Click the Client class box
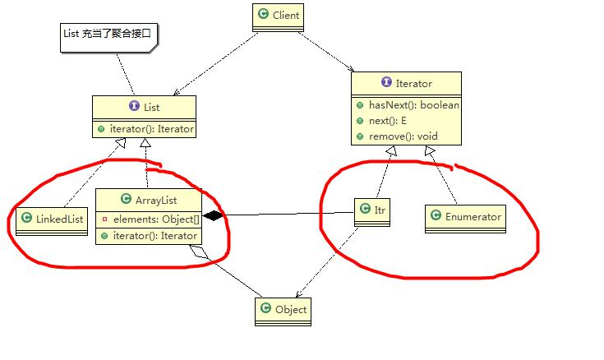[279, 14]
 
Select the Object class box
[283, 309]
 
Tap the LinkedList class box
[51, 218]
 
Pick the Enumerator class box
[464, 217]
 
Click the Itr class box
[372, 211]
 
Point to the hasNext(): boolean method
[408, 105]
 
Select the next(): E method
[386, 120]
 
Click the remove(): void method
[398, 135]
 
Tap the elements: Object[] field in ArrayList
[153, 220]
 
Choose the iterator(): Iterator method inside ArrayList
[153, 236]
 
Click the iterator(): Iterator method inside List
[149, 129]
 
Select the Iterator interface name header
[407, 83]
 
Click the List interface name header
[144, 107]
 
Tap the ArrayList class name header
[148, 200]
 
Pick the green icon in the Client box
[263, 14]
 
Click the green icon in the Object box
[265, 309]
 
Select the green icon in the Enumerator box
[435, 217]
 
